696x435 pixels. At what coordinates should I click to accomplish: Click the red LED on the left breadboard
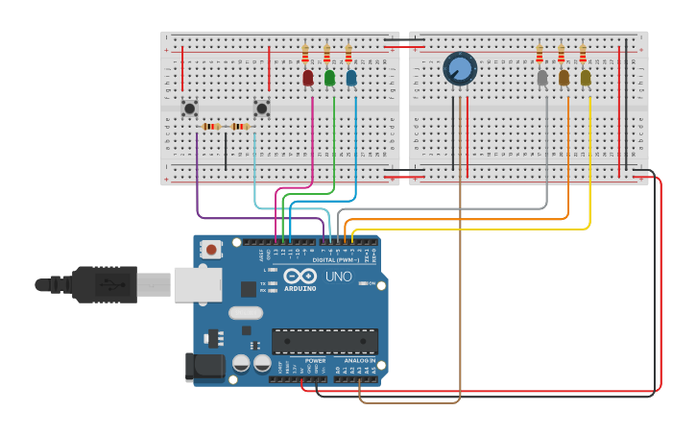pos(308,78)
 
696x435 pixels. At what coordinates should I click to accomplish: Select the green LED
pos(329,78)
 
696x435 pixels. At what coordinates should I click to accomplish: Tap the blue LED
pos(351,78)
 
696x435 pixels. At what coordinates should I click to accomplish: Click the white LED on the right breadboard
pos(542,78)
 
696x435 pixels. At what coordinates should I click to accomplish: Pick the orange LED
pos(564,78)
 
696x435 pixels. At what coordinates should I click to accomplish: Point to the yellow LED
pos(586,78)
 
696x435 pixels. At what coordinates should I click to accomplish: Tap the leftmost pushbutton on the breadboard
pos(190,109)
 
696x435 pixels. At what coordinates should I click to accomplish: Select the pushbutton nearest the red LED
pos(261,109)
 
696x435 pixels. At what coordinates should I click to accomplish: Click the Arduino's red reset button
pos(211,250)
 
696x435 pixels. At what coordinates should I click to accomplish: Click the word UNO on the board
pos(339,277)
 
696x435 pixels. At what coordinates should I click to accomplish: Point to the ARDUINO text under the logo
pos(300,288)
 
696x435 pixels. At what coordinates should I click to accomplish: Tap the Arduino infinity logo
pos(300,276)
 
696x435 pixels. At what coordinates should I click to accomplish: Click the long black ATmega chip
pos(324,341)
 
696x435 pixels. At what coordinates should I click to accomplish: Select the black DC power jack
pos(204,367)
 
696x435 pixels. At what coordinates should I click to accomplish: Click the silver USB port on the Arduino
pos(198,284)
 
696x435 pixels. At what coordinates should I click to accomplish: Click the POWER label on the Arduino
pos(315,361)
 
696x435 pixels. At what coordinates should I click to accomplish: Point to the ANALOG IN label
pos(360,361)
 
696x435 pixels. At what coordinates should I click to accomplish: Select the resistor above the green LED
pos(326,54)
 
